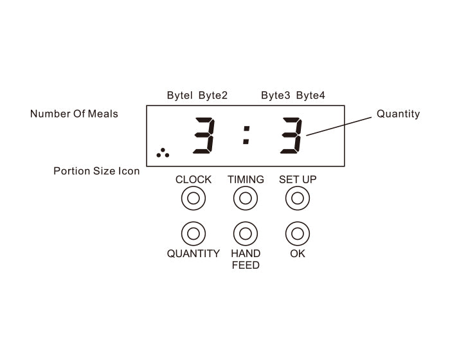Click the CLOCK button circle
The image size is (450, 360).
click(x=194, y=198)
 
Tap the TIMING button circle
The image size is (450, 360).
click(x=245, y=198)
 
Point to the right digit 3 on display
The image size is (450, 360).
click(x=291, y=135)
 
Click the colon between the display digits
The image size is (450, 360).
click(x=246, y=134)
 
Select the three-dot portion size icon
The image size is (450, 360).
click(x=163, y=153)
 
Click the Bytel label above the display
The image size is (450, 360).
click(x=179, y=96)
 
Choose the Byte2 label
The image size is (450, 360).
click(x=213, y=96)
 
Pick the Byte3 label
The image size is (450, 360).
click(x=275, y=96)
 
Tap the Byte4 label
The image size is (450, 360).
click(x=310, y=96)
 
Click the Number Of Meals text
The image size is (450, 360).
click(x=74, y=114)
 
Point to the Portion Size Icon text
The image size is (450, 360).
click(x=96, y=171)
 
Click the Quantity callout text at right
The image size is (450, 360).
click(x=398, y=114)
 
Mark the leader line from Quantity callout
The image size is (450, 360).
click(x=341, y=125)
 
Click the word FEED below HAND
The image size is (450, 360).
click(x=246, y=265)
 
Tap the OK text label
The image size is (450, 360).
click(x=298, y=254)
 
